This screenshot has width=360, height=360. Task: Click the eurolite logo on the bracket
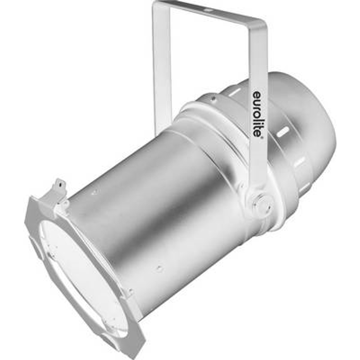click(x=257, y=114)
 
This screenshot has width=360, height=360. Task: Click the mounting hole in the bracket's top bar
click(x=207, y=10)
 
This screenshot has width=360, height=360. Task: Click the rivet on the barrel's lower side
click(x=159, y=268)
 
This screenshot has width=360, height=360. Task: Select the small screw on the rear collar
click(x=214, y=98)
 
